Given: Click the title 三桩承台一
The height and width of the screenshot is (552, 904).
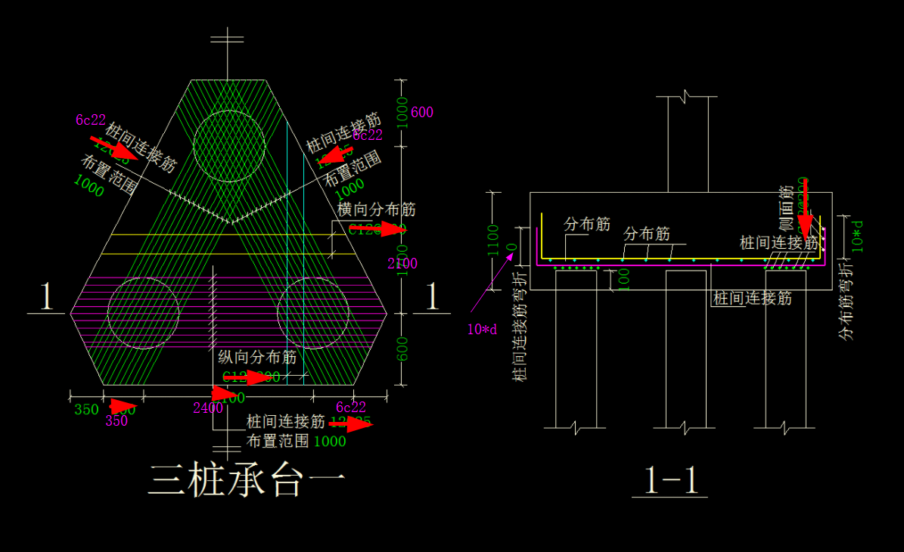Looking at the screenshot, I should click(x=247, y=479).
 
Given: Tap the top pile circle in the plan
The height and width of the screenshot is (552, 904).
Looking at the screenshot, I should click(x=228, y=146).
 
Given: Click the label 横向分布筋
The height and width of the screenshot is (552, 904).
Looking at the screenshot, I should click(x=376, y=210).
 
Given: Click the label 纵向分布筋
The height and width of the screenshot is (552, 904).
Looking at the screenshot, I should click(x=257, y=358).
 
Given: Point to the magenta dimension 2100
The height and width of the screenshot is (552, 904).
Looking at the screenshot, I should click(x=402, y=264).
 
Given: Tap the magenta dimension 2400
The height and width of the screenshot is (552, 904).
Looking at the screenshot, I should click(x=207, y=408).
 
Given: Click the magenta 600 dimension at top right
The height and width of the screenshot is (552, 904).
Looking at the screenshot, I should click(x=422, y=113).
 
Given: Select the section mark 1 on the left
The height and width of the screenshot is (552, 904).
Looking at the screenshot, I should click(x=45, y=297).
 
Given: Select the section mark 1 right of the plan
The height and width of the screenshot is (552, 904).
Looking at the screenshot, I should click(x=433, y=297).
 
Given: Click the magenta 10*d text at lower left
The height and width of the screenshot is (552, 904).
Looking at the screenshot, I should click(x=482, y=329).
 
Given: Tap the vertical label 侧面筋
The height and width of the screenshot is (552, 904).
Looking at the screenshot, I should click(x=788, y=208).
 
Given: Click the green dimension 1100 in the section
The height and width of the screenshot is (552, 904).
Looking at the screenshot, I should click(x=493, y=240).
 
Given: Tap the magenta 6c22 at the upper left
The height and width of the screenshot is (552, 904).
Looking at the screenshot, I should click(x=91, y=120).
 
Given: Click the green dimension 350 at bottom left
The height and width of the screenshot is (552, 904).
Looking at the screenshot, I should click(x=86, y=410).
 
